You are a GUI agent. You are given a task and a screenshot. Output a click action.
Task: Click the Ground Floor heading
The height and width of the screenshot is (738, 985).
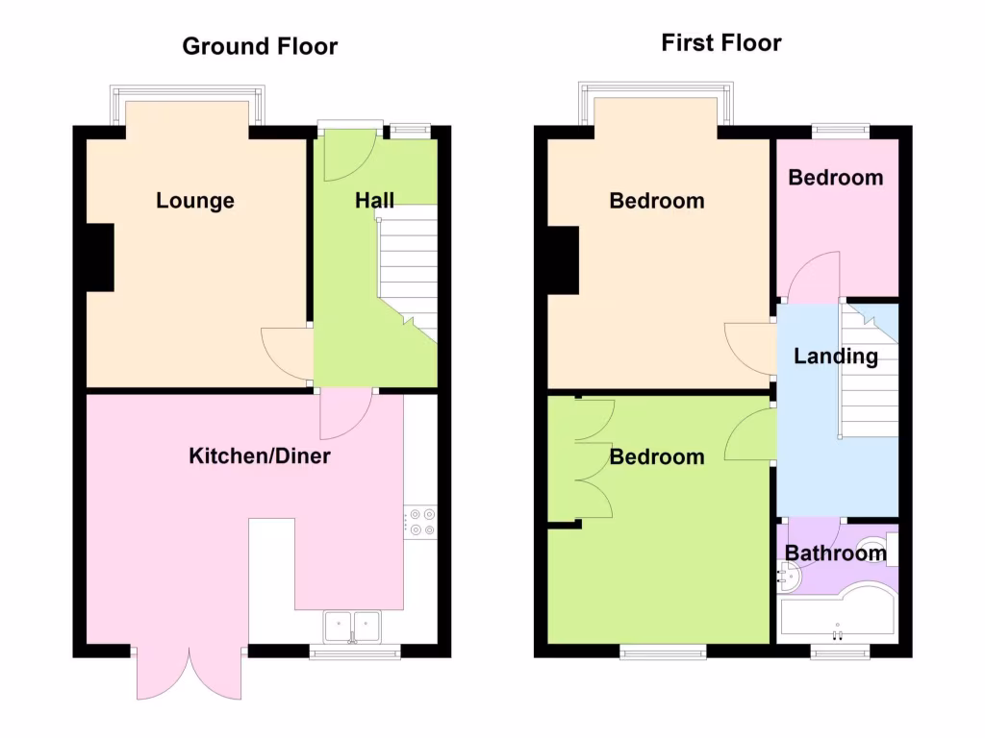point(260,46)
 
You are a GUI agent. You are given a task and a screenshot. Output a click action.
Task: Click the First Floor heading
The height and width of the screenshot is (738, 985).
point(721,43)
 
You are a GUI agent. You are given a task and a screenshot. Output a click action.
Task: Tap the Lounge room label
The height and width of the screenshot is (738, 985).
point(195,201)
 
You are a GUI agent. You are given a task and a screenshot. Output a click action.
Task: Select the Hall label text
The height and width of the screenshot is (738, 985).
point(374,201)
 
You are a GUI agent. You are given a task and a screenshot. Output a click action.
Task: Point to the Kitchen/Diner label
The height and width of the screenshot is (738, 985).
point(259,455)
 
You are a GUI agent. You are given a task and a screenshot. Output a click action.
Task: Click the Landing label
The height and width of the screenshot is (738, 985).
point(835,357)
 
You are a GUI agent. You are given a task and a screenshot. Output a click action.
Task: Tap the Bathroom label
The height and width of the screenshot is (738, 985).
point(835,553)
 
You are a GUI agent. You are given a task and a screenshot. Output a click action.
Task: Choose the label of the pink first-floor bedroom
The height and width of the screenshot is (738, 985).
point(835,178)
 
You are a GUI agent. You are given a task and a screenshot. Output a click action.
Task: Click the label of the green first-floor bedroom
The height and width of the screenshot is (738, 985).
point(657,456)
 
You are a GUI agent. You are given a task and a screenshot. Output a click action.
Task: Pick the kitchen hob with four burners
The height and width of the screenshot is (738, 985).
point(421,521)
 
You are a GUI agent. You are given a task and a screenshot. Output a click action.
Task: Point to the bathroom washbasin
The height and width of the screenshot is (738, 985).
point(787,576)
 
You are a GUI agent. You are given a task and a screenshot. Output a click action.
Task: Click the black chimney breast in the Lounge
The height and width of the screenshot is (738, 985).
point(99,257)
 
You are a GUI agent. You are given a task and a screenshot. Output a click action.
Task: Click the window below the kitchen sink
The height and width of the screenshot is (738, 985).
point(355,653)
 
